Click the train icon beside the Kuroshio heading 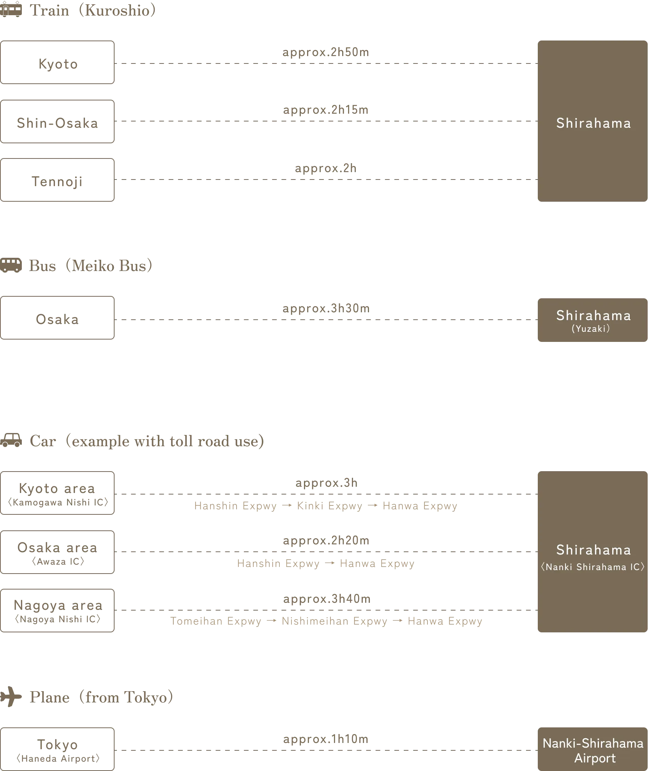click(x=11, y=9)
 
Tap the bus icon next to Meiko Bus click(x=11, y=265)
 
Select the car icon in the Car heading click(x=11, y=440)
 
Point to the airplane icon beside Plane click(x=11, y=697)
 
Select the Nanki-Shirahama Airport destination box click(x=593, y=749)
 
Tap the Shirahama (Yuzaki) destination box click(x=593, y=320)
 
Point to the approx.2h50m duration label click(x=326, y=52)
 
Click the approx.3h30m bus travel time click(x=326, y=308)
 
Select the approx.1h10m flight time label click(x=326, y=739)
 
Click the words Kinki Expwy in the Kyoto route click(x=330, y=506)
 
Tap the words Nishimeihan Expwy click(x=335, y=621)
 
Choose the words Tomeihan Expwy click(x=216, y=621)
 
